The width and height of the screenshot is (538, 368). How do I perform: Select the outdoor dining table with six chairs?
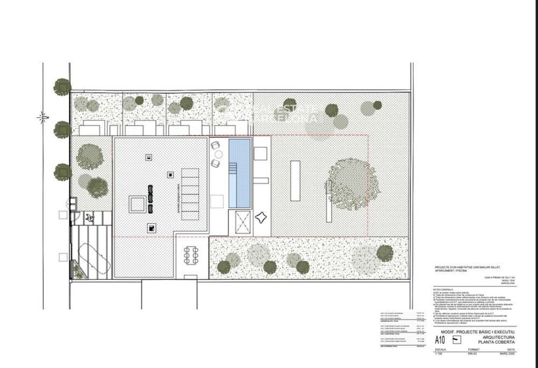point(191,255)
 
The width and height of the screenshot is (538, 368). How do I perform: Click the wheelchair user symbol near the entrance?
point(89,217)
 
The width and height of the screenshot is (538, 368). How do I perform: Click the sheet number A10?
point(440,339)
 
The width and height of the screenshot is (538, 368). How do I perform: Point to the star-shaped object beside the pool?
point(261,217)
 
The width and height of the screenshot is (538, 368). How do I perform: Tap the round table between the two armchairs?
point(217,155)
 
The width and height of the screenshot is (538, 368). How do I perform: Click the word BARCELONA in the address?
point(508,284)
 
